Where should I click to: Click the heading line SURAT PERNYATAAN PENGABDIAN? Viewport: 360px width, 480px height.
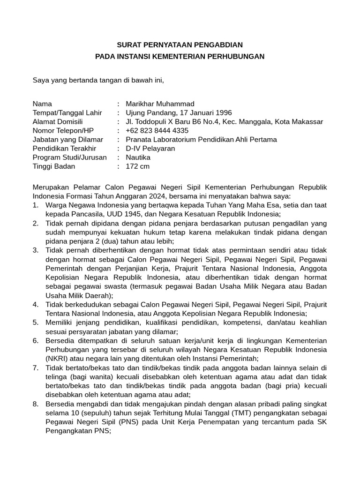pyautogui.click(x=180, y=45)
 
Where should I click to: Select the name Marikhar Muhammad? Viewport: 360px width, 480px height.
pyautogui.click(x=160, y=104)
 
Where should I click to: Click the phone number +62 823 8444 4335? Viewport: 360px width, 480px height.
pyautogui.click(x=157, y=130)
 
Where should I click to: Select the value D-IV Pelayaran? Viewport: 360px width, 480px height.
pyautogui.click(x=150, y=148)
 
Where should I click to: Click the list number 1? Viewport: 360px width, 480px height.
pyautogui.click(x=35, y=205)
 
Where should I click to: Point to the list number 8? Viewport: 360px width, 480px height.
pyautogui.click(x=35, y=404)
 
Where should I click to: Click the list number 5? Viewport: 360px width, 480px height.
pyautogui.click(x=35, y=322)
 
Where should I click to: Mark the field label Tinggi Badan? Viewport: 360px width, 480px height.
pyautogui.click(x=53, y=166)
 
